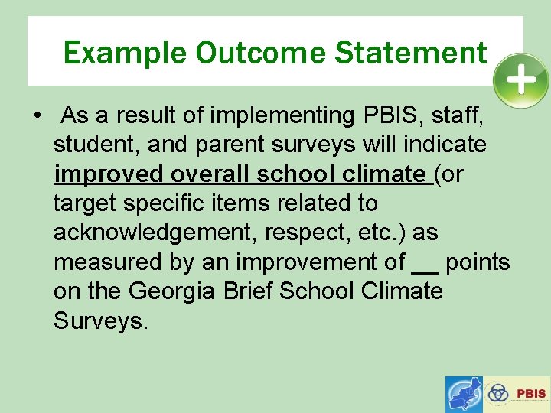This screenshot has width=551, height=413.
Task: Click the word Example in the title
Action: click(x=125, y=53)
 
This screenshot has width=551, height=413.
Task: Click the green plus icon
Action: click(x=520, y=80)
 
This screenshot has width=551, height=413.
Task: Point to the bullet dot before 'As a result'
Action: click(x=37, y=116)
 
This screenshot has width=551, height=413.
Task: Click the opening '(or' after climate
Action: click(x=449, y=174)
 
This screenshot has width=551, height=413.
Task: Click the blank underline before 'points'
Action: click(x=424, y=263)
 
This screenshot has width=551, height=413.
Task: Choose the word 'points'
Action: click(x=477, y=262)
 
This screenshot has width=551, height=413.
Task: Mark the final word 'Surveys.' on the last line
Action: click(x=99, y=320)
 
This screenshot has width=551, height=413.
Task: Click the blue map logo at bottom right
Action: click(x=465, y=395)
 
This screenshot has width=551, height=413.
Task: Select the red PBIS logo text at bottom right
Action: click(x=531, y=394)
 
